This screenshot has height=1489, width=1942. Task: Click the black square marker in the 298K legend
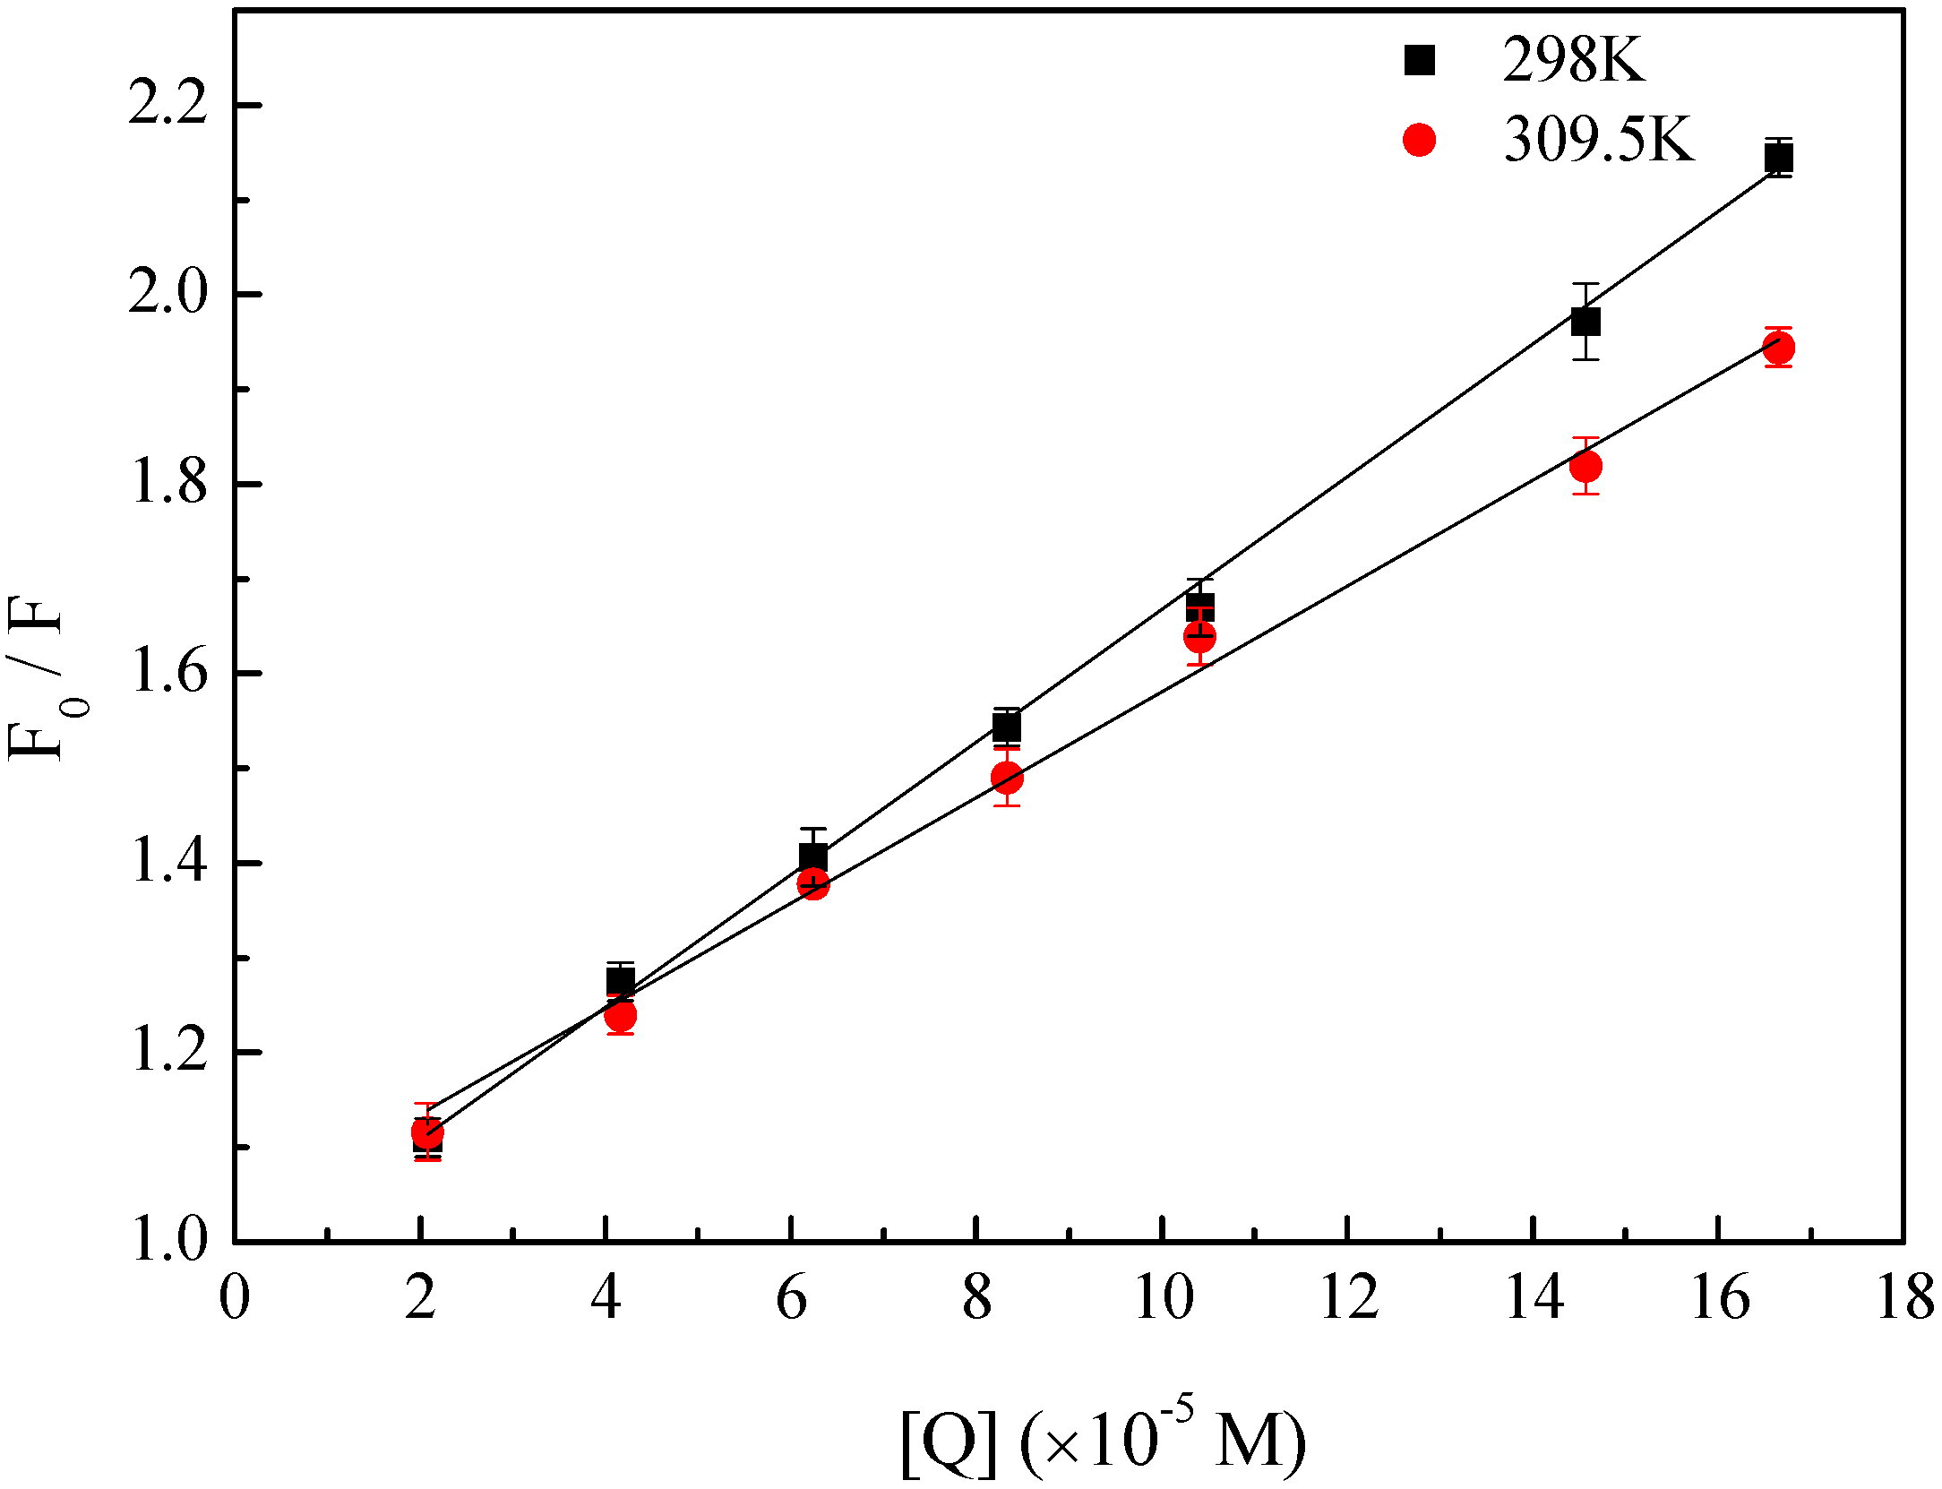[1419, 60]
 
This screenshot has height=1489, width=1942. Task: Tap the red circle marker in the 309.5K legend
[1419, 140]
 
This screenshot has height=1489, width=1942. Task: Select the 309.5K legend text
[1599, 140]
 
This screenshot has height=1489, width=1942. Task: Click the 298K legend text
[1574, 60]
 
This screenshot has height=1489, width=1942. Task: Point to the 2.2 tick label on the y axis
[168, 105]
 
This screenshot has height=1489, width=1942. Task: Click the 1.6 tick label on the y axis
[168, 673]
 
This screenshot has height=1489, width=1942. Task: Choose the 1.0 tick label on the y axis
[168, 1242]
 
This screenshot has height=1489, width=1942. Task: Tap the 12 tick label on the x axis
[1348, 1299]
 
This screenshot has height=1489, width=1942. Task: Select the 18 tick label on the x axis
[1904, 1299]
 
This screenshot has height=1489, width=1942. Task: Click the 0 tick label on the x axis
[235, 1299]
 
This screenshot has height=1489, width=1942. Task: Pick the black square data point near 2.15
[1778, 159]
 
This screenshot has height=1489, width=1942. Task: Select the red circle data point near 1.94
[1778, 348]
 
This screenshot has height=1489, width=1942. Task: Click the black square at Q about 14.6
[1585, 321]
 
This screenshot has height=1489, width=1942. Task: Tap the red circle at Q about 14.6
[1585, 466]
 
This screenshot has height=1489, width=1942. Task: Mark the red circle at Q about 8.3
[1007, 778]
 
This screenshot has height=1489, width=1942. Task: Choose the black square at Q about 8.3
[1007, 727]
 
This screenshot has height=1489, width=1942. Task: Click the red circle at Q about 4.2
[620, 1016]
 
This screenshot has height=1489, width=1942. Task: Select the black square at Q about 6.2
[813, 856]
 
